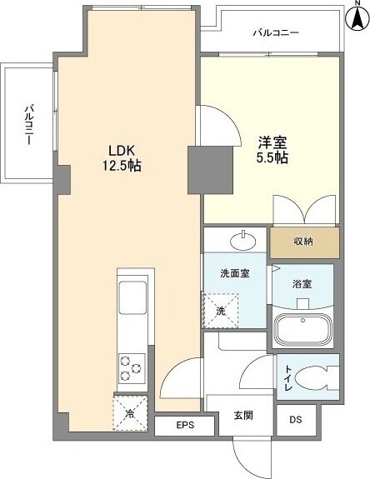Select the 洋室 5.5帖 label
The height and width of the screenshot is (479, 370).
click(x=271, y=148)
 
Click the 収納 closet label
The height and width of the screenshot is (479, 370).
click(x=303, y=242)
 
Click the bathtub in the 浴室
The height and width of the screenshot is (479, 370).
click(x=302, y=329)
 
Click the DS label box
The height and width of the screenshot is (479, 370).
click(x=296, y=420)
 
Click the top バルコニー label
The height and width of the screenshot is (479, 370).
click(x=276, y=33)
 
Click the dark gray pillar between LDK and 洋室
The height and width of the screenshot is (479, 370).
click(x=200, y=167)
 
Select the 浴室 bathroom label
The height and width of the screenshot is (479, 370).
click(x=301, y=283)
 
